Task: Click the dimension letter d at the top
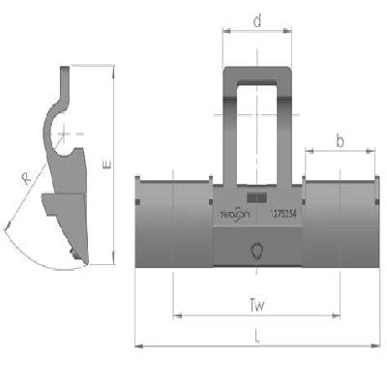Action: pyautogui.click(x=257, y=18)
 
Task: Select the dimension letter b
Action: pyautogui.click(x=341, y=140)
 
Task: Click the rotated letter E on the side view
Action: pyautogui.click(x=105, y=165)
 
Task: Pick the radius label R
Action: pyautogui.click(x=24, y=179)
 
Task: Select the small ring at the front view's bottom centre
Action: pyautogui.click(x=257, y=251)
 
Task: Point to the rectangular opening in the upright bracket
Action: pyautogui.click(x=257, y=131)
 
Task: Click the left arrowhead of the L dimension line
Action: pyautogui.click(x=137, y=344)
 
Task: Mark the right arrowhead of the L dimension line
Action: pyautogui.click(x=376, y=344)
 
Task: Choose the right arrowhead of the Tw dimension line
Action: pyautogui.click(x=339, y=314)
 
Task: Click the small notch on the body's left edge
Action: pyautogui.click(x=139, y=202)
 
